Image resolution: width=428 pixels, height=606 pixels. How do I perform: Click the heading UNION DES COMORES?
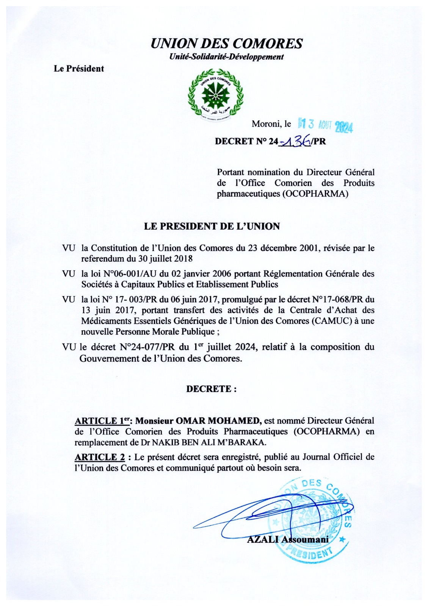pos(226,44)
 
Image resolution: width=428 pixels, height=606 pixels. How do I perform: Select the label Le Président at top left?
pos(79,69)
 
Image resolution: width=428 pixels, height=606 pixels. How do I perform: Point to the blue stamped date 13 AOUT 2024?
pos(326,125)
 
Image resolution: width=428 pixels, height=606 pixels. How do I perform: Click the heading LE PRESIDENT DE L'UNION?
pos(212,226)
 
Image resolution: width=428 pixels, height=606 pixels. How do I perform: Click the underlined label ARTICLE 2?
pos(100,457)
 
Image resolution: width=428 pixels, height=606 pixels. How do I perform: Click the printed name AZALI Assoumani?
pos(288,539)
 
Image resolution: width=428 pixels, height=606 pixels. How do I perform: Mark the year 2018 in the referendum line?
pos(180,259)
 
